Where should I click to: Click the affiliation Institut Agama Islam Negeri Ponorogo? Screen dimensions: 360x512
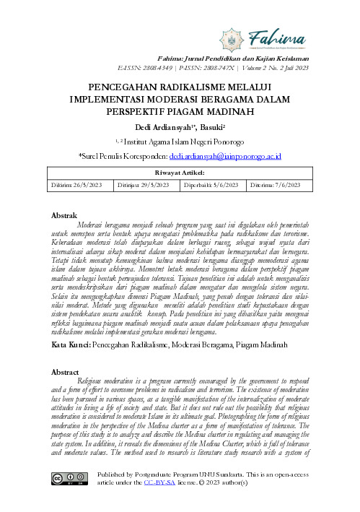click(x=184, y=142)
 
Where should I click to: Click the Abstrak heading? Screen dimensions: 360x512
click(x=67, y=215)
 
